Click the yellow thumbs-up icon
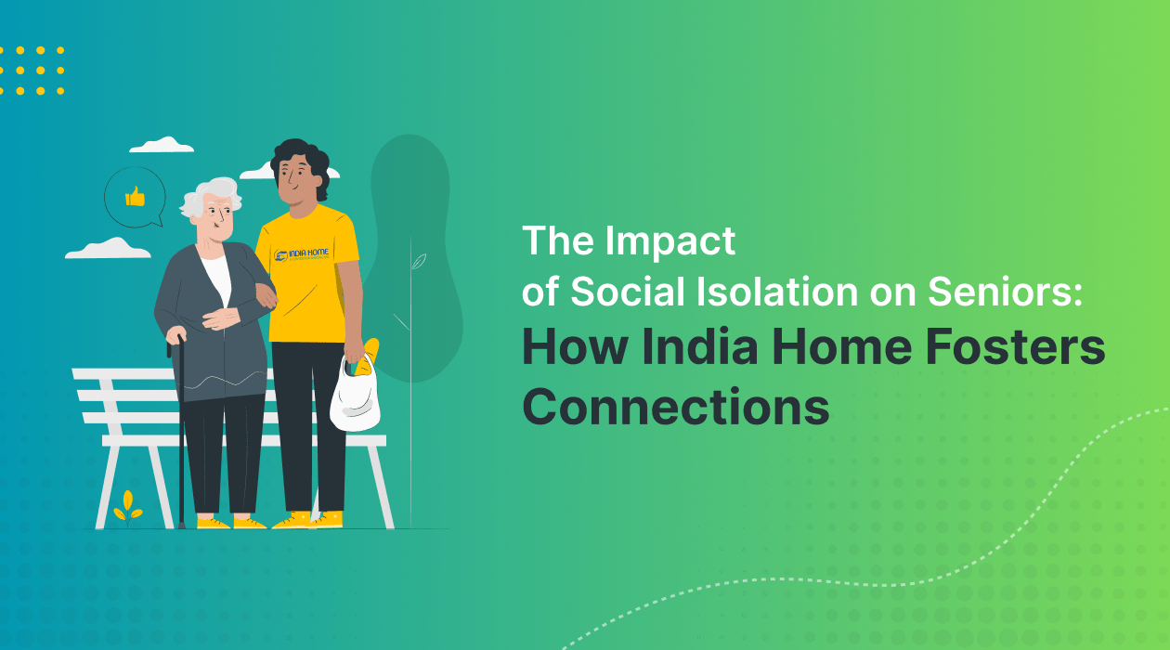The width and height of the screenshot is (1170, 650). pyautogui.click(x=136, y=196)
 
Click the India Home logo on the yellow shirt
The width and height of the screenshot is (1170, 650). pyautogui.click(x=305, y=255)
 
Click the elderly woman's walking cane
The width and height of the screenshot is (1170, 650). pyautogui.click(x=180, y=427)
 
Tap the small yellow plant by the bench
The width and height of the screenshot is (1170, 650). pyautogui.click(x=128, y=507)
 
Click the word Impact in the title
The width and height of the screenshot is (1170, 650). pyautogui.click(x=670, y=241)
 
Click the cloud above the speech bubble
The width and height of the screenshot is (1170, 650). pyautogui.click(x=162, y=145)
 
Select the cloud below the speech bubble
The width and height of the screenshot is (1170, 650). pyautogui.click(x=109, y=248)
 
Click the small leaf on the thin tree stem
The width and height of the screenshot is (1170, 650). pyautogui.click(x=419, y=261)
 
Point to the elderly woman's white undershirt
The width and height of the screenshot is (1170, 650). pyautogui.click(x=215, y=278)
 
